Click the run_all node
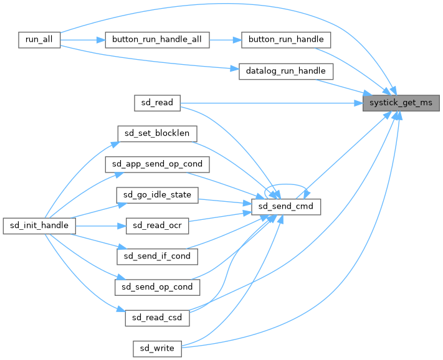pos(39,39)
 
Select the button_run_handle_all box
pos(156,39)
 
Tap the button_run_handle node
pos(286,39)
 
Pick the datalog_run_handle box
pos(286,71)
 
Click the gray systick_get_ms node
pos(401,102)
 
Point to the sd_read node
pos(157,102)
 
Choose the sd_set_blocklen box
pos(157,133)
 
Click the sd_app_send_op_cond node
pos(157,164)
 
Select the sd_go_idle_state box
pos(157,195)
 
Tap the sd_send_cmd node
pos(286,206)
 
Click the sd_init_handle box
pos(39,225)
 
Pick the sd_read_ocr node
pos(157,225)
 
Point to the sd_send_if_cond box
pos(157,255)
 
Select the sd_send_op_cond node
pos(157,287)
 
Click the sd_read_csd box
pos(157,317)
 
